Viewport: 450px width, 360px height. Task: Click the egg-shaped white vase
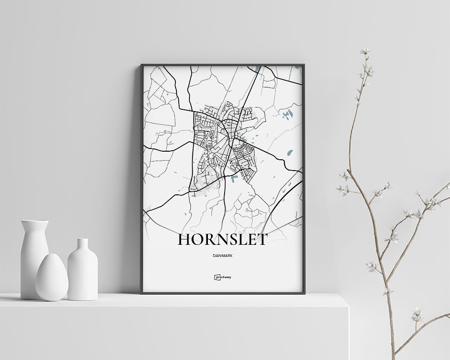(52, 277)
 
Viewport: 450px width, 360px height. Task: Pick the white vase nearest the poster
(82, 270)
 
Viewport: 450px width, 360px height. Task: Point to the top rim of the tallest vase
(34, 221)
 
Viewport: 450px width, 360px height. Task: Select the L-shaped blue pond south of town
(234, 179)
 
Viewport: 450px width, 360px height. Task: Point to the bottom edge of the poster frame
(222, 292)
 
